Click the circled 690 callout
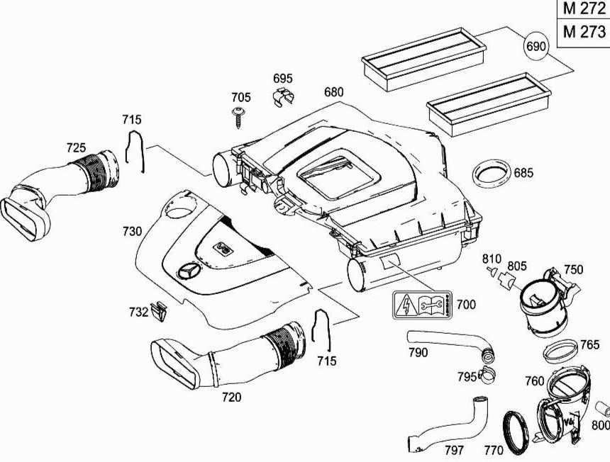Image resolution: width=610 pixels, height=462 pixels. pos(536,47)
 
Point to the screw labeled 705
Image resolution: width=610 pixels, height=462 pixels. pos(239,117)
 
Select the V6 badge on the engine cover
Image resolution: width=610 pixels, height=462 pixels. pos(223,247)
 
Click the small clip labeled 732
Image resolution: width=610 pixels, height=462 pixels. pos(160,310)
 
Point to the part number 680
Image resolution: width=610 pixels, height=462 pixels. pos(333,93)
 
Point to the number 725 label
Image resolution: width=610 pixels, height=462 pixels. pos(76,148)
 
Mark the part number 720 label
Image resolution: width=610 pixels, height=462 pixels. pos(231,398)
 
